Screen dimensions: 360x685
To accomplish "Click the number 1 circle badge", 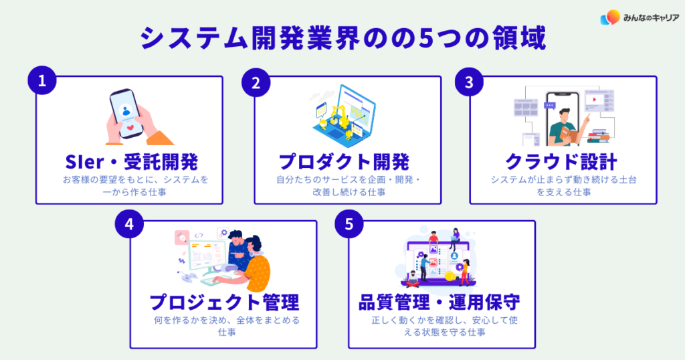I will (x=41, y=82).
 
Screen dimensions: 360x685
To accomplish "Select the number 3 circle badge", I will (x=470, y=82).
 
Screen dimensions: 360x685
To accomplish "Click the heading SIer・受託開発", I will (x=128, y=162).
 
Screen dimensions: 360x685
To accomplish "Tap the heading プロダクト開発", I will (x=344, y=162).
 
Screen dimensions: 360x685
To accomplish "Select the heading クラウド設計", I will (x=563, y=162).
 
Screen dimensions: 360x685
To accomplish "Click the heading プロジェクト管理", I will (x=223, y=302).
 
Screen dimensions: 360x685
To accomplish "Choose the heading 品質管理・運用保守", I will (x=439, y=302).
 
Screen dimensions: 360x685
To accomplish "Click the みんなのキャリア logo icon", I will (x=609, y=17).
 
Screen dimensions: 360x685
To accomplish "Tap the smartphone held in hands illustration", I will (x=126, y=112).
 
